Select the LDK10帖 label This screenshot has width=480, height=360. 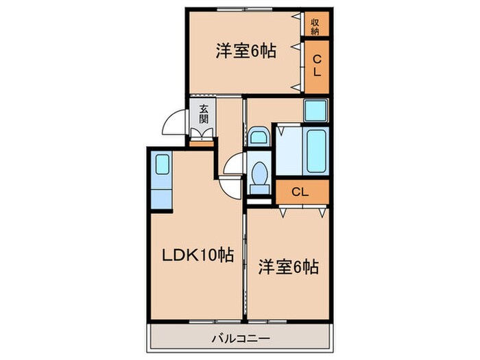pos(197,255)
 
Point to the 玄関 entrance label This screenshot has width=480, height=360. pos(204,113)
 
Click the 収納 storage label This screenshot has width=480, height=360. pos(316,25)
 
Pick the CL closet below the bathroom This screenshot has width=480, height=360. pos(302,192)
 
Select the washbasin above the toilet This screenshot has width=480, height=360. pos(259,137)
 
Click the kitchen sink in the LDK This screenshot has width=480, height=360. pos(162,165)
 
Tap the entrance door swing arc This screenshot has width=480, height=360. pos(177,125)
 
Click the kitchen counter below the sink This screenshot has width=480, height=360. pos(162,195)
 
